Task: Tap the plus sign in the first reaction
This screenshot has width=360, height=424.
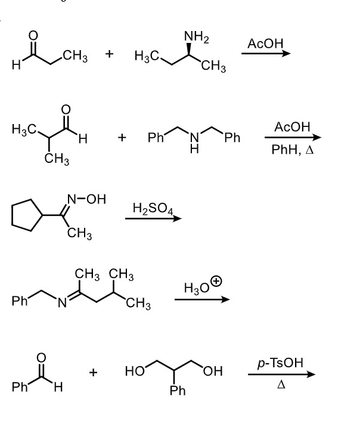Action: pos(109,55)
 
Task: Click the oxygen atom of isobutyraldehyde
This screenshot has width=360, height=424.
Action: pos(66,110)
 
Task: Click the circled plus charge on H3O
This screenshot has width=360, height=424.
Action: pos(216,281)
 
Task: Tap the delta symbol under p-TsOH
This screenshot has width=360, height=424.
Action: pos(280,385)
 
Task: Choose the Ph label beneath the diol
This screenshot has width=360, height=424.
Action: pos(178,391)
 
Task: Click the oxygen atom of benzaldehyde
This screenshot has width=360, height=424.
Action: pos(41,358)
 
